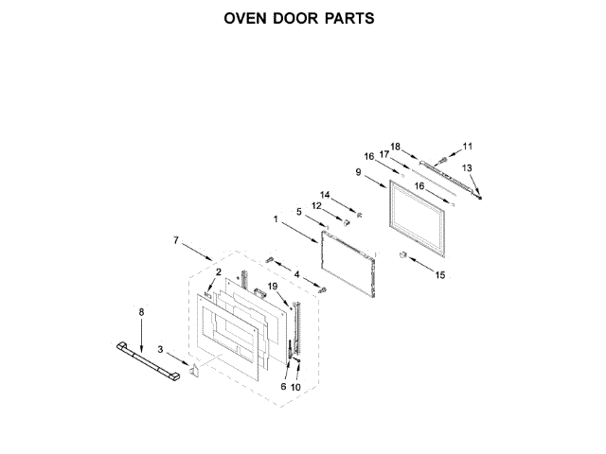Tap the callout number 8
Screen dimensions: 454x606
[x=142, y=311]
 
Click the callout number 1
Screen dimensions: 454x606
[x=276, y=219]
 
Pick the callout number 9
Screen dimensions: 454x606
[x=359, y=172]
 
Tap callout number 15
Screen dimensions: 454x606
[x=438, y=275]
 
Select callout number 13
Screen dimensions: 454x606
[x=465, y=167]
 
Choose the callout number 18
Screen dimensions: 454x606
[x=396, y=146]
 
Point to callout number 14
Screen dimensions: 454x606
[x=326, y=195]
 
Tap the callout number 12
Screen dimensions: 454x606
[x=317, y=206]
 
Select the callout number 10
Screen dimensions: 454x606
[x=295, y=388]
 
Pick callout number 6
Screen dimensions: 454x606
[x=282, y=388]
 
